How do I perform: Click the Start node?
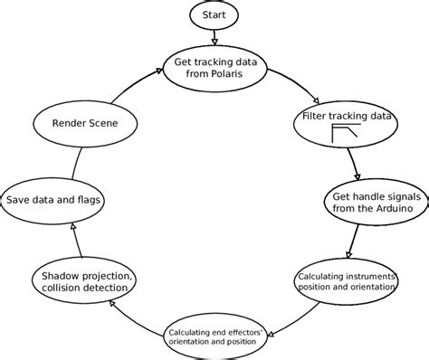tap(214, 14)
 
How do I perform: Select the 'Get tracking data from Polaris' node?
tap(214, 68)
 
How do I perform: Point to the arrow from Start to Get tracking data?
tap(214, 37)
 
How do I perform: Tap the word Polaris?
tap(231, 75)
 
